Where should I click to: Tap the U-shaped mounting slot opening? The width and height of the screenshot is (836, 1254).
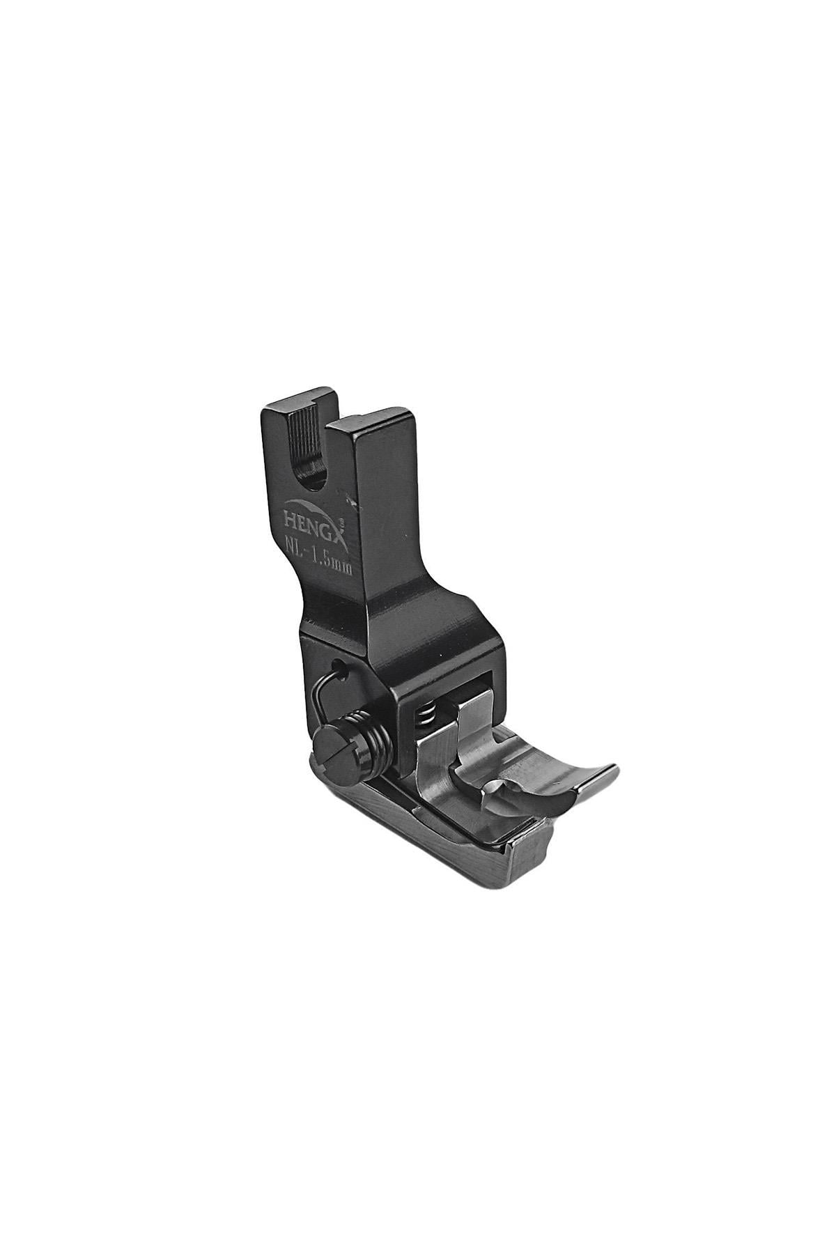[313, 468]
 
